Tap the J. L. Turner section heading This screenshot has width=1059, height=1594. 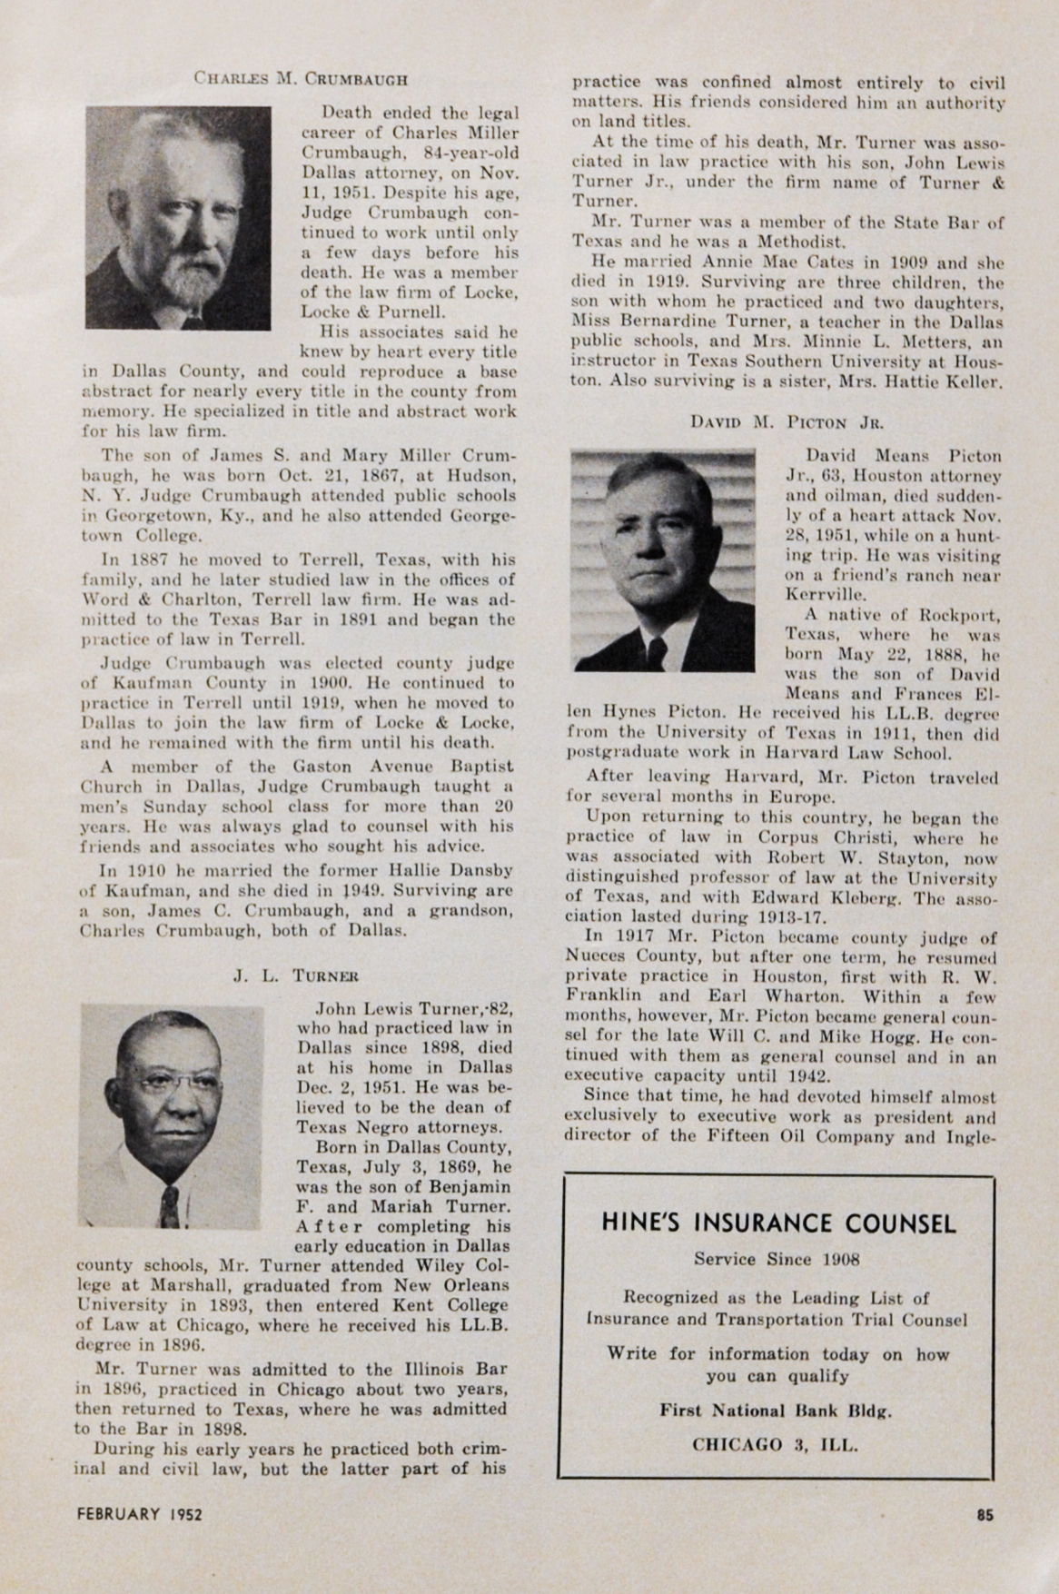(x=296, y=976)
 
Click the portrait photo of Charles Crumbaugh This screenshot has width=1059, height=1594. (x=178, y=217)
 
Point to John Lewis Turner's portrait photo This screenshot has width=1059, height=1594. (x=178, y=1115)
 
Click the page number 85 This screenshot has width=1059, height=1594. (x=985, y=1513)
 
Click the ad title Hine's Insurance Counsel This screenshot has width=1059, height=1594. (x=778, y=1223)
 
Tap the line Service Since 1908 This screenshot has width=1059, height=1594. (x=777, y=1259)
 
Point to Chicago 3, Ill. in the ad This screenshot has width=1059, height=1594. (x=777, y=1444)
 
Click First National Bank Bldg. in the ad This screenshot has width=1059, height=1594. (x=777, y=1411)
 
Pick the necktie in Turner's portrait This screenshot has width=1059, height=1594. (x=169, y=1208)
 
